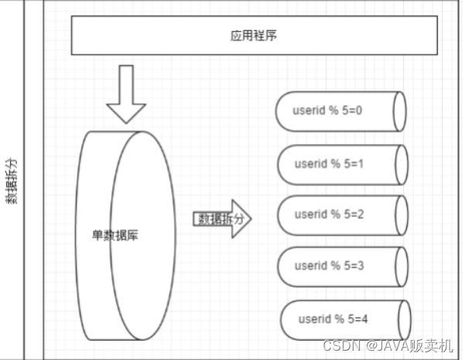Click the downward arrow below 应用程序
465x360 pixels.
(x=125, y=94)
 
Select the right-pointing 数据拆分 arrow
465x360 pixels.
(x=222, y=219)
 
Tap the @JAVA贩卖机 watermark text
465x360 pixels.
(x=410, y=346)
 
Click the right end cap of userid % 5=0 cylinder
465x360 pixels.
(x=398, y=111)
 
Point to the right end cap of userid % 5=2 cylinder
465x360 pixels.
(x=399, y=214)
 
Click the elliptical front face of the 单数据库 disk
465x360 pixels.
(x=140, y=235)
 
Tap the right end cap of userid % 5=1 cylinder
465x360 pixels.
(x=399, y=164)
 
